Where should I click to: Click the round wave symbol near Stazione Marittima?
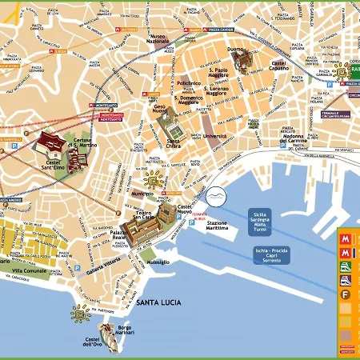click(x=216, y=198)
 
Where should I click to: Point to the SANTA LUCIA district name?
click(x=158, y=302)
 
